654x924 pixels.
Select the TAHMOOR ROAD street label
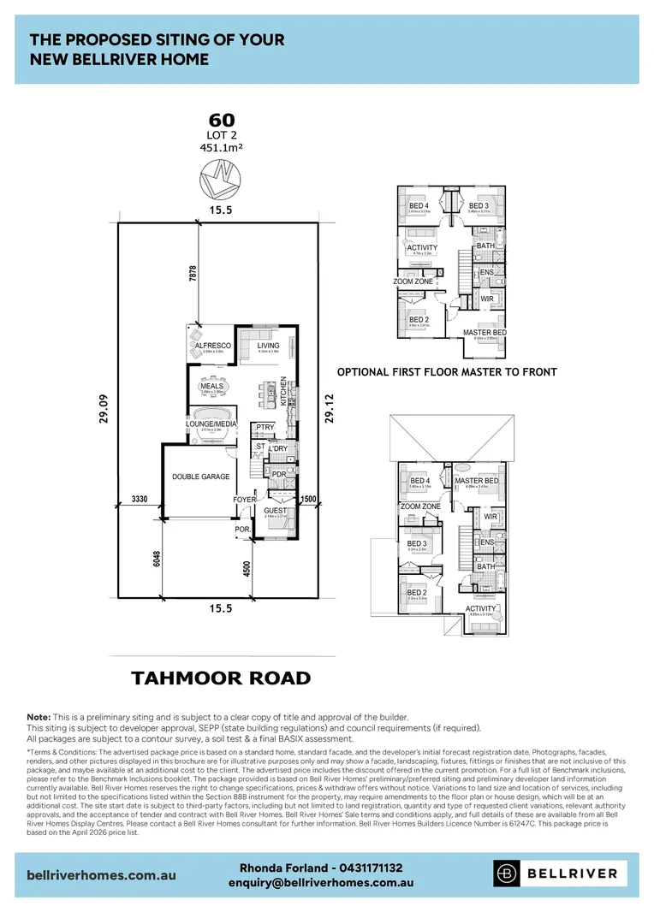220,678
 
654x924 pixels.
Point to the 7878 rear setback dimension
193,274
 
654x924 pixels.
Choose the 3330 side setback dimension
141,498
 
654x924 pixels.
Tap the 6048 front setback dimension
156,558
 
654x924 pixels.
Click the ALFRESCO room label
213,346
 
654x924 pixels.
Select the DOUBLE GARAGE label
200,477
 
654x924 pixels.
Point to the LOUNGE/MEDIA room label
211,423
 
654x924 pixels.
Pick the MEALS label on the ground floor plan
211,386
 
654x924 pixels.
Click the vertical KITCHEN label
283,390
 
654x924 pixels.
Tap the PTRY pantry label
264,427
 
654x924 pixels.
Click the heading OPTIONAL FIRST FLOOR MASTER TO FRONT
447,372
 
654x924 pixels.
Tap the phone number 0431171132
364,867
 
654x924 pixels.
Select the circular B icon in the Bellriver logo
506,874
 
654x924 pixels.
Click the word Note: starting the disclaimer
39,717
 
